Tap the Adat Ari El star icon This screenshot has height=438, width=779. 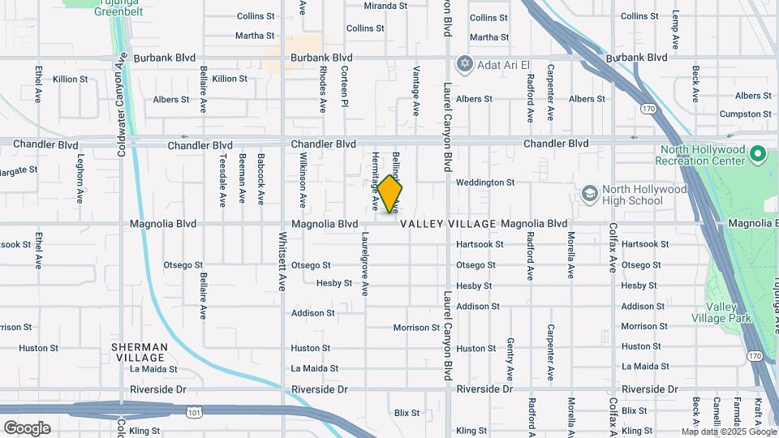click(x=464, y=63)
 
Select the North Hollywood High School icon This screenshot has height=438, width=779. click(x=591, y=194)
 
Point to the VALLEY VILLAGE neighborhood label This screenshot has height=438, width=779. click(x=448, y=224)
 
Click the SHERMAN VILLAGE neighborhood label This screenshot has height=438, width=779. click(x=140, y=352)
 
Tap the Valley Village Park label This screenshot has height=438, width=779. click(x=721, y=312)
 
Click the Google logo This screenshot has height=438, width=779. click(x=27, y=428)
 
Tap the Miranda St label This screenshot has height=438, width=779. click(x=385, y=6)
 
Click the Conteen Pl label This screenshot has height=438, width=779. click(x=344, y=87)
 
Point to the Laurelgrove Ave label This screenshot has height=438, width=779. click(x=365, y=264)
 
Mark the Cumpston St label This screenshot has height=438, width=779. click(x=745, y=114)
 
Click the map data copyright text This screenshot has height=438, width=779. click(x=728, y=432)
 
